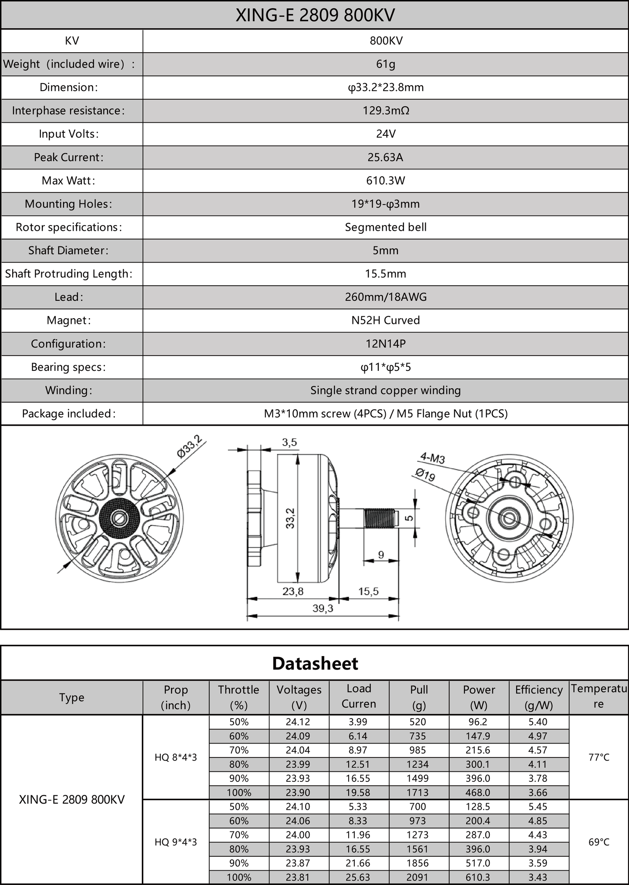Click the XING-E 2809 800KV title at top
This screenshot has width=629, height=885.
tap(315, 15)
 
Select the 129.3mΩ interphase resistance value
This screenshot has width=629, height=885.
tap(386, 111)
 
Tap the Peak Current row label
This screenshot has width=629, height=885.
tap(69, 157)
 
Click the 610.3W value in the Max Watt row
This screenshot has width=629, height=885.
tap(386, 181)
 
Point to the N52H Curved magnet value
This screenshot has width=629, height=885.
tap(386, 320)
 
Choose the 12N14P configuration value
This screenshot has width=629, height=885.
tap(386, 344)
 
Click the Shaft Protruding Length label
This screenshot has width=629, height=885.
tap(69, 274)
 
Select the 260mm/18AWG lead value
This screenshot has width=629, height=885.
tap(386, 297)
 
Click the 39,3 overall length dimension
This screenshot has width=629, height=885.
tap(323, 608)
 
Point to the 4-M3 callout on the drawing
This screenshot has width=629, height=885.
tap(432, 458)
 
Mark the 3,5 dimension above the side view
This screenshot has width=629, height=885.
tap(289, 442)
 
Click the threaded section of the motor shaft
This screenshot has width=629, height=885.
tap(379, 518)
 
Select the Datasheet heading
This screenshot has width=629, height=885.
tap(315, 663)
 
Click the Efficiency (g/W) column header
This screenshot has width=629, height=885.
tap(539, 697)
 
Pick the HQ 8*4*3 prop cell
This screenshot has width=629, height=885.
tap(176, 757)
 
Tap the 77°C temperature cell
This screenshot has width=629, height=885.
tap(599, 757)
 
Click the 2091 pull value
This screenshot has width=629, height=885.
tap(418, 877)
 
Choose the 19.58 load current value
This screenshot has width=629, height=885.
tap(358, 793)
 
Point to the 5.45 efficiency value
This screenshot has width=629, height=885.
tap(538, 807)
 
